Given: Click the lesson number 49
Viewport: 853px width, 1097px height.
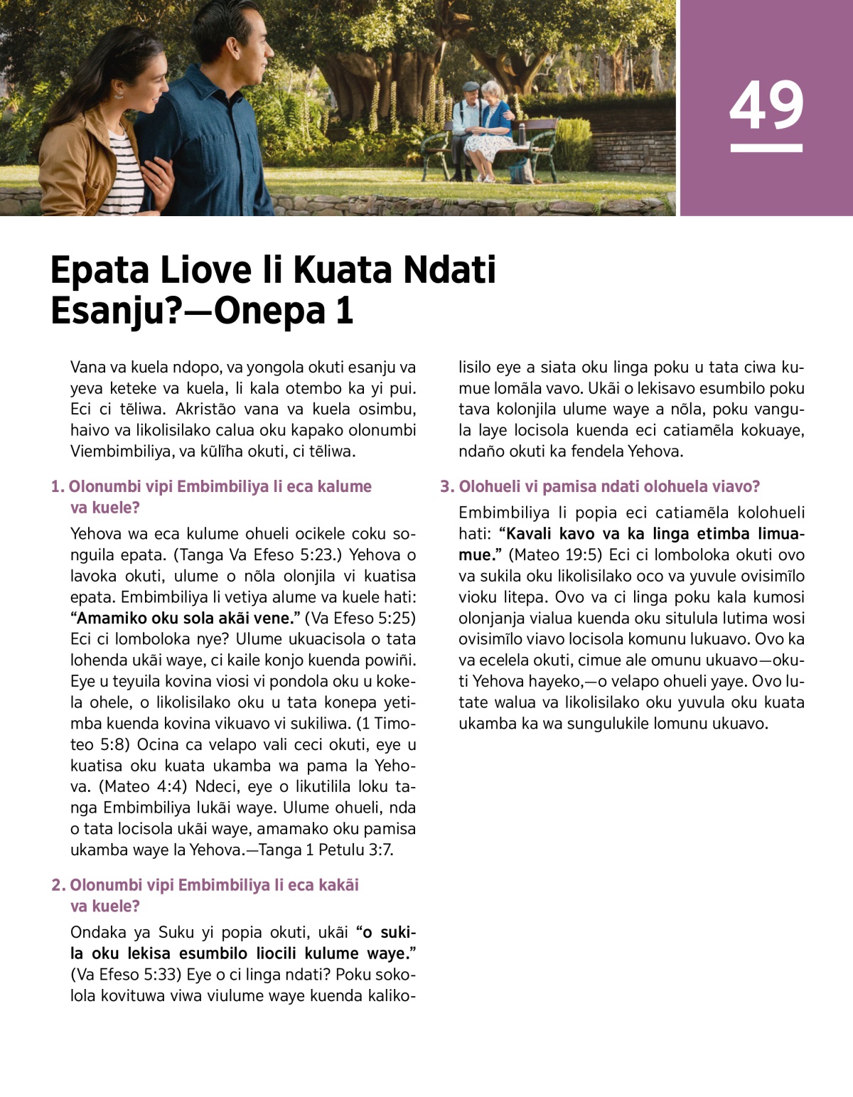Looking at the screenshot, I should [766, 105].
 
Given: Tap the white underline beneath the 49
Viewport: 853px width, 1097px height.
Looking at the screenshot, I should [766, 148].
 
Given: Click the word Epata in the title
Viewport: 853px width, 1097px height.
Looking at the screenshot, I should [100, 271].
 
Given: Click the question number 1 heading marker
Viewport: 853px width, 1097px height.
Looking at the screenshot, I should [58, 487].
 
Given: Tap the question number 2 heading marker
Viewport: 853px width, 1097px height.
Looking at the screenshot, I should [58, 885].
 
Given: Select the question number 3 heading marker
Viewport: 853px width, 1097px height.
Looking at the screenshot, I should [446, 487].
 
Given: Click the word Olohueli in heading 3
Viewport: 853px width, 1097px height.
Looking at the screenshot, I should [491, 487].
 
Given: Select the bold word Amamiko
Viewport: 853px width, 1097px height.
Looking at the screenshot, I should [110, 618].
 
